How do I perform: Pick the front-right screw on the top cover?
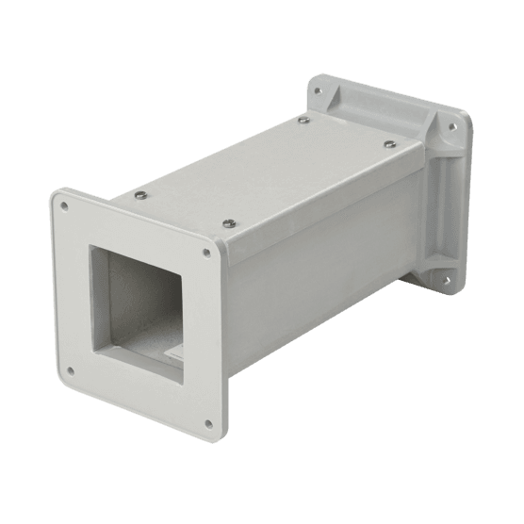coord(230,222)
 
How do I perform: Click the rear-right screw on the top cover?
coord(387,143)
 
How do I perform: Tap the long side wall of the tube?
coord(320,264)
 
